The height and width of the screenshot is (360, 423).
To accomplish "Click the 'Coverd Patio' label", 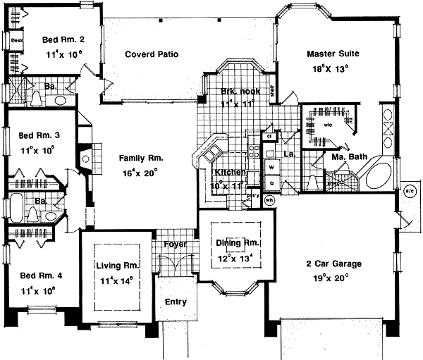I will (152, 54).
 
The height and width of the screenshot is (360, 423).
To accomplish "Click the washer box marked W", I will (270, 167).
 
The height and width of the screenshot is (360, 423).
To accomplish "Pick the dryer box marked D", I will (270, 183).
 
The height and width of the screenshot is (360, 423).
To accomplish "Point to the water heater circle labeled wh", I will (269, 200).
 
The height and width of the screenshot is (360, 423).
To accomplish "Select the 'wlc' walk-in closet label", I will (312, 126).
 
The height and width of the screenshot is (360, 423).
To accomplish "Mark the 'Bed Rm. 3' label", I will (33, 134).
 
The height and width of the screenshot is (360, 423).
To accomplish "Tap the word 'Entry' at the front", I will (176, 302).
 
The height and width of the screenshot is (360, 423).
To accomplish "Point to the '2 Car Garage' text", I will (334, 263).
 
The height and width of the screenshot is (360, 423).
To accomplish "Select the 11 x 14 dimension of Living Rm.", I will (115, 281).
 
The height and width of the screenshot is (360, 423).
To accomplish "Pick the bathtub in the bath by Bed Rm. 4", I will (16, 209).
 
